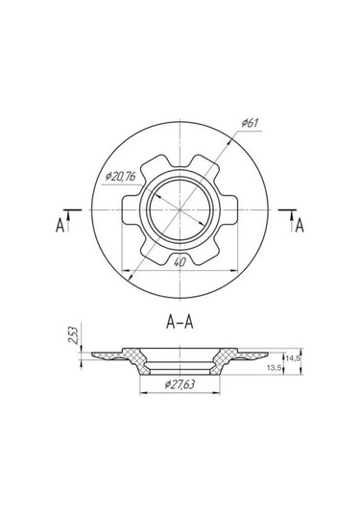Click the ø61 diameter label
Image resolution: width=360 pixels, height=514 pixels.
(x=250, y=123)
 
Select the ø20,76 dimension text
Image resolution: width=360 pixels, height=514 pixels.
(x=120, y=177)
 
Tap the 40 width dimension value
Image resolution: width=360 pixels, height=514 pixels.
(x=180, y=262)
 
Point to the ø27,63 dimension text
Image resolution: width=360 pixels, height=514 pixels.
(x=180, y=384)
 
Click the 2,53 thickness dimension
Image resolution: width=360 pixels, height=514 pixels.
(x=73, y=334)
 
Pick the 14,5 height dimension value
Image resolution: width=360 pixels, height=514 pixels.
(x=293, y=358)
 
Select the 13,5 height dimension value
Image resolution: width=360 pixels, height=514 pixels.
(x=274, y=368)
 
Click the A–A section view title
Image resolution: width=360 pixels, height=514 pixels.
(x=180, y=322)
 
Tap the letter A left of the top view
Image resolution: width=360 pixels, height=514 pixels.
(x=60, y=226)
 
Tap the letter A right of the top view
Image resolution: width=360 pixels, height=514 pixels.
(x=300, y=226)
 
